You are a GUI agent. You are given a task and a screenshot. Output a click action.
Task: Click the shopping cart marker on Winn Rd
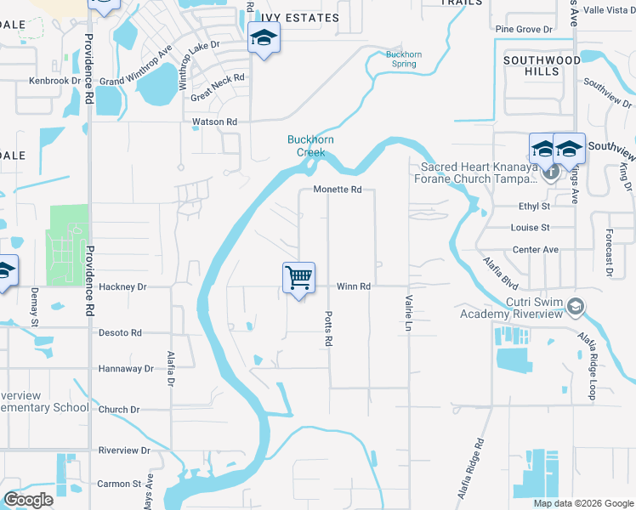click(298, 277)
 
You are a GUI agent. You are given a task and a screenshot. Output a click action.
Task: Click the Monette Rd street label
click(338, 190)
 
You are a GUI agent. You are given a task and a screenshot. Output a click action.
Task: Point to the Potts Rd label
click(327, 327)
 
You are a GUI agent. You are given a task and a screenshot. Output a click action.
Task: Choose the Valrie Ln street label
click(409, 312)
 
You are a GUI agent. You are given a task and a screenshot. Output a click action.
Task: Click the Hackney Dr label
click(123, 287)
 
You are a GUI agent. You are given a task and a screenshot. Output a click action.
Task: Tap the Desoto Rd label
click(120, 332)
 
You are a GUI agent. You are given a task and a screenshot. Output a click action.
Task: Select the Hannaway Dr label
click(126, 369)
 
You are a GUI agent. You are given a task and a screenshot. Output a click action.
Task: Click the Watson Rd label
click(214, 122)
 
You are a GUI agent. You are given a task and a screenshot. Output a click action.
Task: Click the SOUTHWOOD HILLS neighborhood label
click(543, 65)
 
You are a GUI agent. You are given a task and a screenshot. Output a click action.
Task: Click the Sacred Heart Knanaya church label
click(479, 173)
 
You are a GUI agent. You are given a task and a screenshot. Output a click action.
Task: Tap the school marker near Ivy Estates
click(264, 37)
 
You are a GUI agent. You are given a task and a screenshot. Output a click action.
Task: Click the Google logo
click(28, 500)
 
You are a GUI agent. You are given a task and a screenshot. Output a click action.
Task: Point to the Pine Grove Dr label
click(524, 30)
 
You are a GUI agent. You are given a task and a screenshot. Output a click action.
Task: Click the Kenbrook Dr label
click(54, 82)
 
